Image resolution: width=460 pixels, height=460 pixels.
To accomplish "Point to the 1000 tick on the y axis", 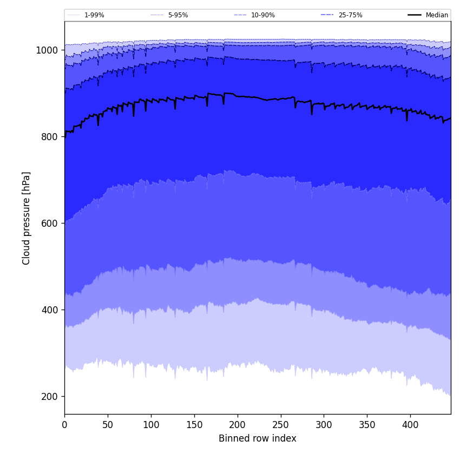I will [x=47, y=50].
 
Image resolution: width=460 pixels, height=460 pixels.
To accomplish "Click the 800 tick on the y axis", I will [x=49, y=137].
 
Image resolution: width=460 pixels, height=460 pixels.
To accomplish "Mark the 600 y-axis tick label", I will [x=49, y=224].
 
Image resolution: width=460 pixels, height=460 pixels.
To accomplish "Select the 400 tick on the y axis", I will [x=49, y=310].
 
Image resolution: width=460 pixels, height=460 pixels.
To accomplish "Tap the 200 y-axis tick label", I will [x=49, y=397].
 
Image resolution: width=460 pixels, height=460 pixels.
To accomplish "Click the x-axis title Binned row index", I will [x=258, y=439].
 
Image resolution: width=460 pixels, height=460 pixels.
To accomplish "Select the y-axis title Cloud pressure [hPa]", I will [x=27, y=218].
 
